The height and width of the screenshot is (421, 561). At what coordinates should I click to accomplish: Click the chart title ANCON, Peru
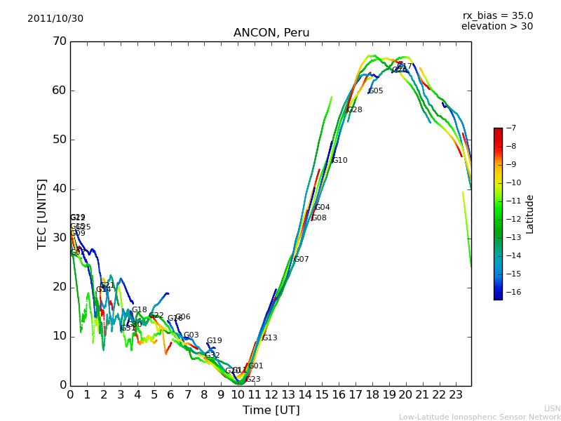271,33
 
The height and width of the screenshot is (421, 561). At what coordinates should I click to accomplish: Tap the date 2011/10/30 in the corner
55,19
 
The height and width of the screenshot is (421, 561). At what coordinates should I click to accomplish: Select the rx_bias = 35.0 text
497,16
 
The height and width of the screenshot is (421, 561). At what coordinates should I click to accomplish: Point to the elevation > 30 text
497,27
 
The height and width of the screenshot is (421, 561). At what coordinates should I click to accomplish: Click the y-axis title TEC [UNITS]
42,213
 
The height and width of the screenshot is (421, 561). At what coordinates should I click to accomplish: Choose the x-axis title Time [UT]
271,410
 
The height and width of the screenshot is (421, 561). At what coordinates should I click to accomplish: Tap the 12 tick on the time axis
271,394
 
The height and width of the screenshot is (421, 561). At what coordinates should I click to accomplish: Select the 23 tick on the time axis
456,394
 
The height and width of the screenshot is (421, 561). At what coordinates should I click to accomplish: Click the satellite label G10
340,161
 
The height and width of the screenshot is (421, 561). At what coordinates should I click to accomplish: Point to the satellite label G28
355,110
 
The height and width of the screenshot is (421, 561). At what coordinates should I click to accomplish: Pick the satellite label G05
376,91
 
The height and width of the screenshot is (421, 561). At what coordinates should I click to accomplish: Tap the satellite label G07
302,260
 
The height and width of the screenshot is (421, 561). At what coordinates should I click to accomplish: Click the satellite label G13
270,338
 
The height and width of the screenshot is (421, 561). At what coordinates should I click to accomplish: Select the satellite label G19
214,341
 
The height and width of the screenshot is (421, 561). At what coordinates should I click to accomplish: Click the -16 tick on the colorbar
512,292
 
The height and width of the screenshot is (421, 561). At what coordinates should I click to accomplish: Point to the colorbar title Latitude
530,214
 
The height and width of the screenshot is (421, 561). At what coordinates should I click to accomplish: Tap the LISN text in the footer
553,408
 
